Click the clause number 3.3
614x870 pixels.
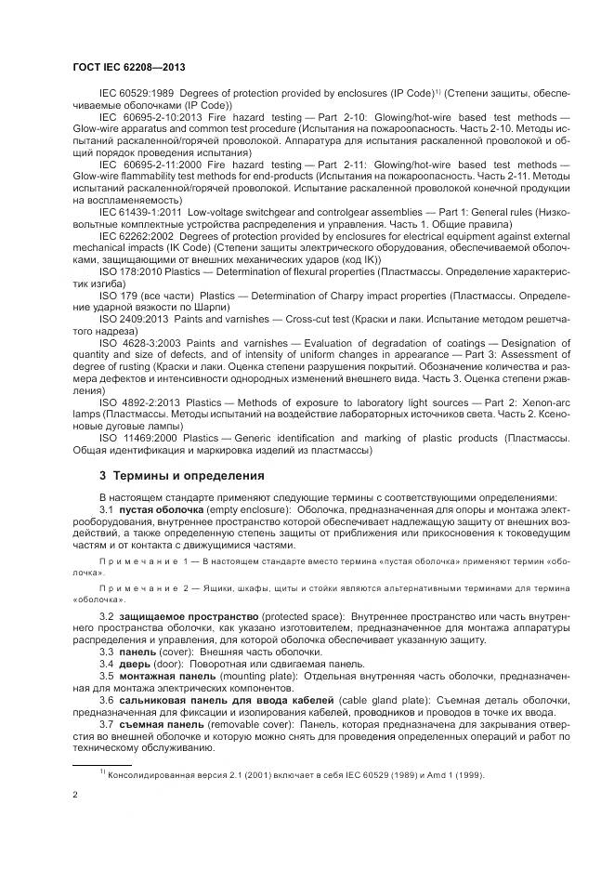(107, 653)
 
